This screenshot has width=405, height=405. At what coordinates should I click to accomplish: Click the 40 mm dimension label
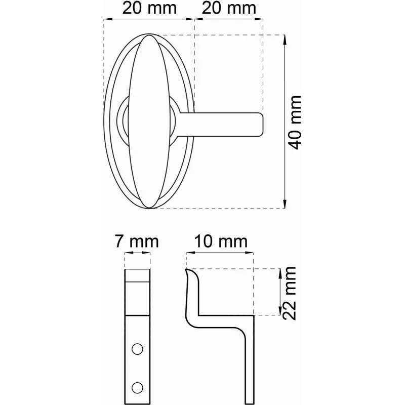[295, 123]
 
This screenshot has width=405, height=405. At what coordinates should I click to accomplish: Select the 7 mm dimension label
[137, 241]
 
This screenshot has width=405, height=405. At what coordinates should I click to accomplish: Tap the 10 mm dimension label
[221, 241]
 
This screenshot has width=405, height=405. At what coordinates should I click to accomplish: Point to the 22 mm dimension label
[289, 293]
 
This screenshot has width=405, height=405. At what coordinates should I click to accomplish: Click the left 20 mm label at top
[149, 8]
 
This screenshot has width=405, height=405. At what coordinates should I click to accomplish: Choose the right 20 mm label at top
[229, 8]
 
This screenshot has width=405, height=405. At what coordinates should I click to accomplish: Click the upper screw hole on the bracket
[137, 349]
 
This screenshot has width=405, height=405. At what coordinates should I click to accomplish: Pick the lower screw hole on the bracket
[137, 388]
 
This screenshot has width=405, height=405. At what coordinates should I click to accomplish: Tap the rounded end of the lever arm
[261, 125]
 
